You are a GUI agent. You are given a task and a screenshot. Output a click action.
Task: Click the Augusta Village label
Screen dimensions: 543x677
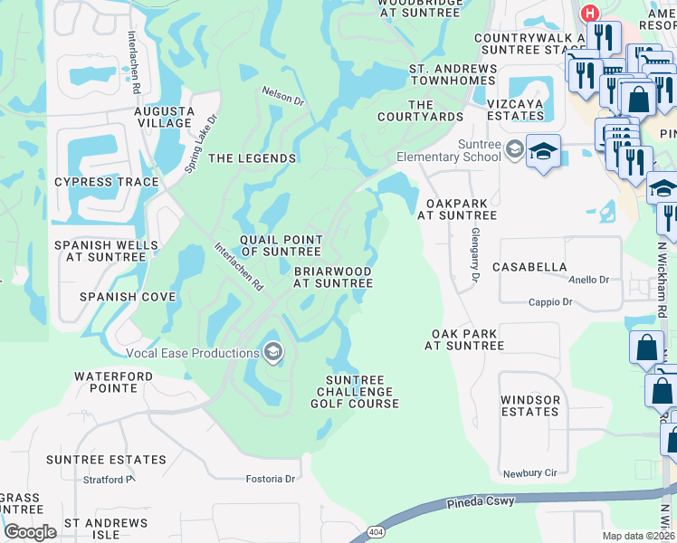pos(165,117)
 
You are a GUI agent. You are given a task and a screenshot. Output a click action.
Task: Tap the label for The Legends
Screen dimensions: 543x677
pos(253,158)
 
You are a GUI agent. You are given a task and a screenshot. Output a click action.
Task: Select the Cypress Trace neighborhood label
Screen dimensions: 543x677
pos(107,182)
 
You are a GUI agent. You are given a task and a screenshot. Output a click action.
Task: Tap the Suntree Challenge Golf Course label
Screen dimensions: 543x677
pos(355,392)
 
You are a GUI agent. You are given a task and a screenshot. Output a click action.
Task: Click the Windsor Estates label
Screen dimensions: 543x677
pos(530,405)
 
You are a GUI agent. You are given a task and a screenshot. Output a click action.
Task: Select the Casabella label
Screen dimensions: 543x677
pos(529,268)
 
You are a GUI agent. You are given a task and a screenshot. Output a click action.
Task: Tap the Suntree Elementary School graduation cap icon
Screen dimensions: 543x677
pos(543,150)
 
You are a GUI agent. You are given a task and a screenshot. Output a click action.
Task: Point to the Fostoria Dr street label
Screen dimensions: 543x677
pos(272,479)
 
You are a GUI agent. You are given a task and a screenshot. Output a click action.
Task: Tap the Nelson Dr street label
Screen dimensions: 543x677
pos(282,95)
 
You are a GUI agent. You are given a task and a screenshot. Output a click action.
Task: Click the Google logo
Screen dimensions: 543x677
pos(30,532)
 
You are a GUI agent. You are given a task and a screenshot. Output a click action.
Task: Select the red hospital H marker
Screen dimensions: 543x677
pos(590,14)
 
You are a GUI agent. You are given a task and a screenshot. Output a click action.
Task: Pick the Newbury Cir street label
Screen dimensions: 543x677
pos(530,473)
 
